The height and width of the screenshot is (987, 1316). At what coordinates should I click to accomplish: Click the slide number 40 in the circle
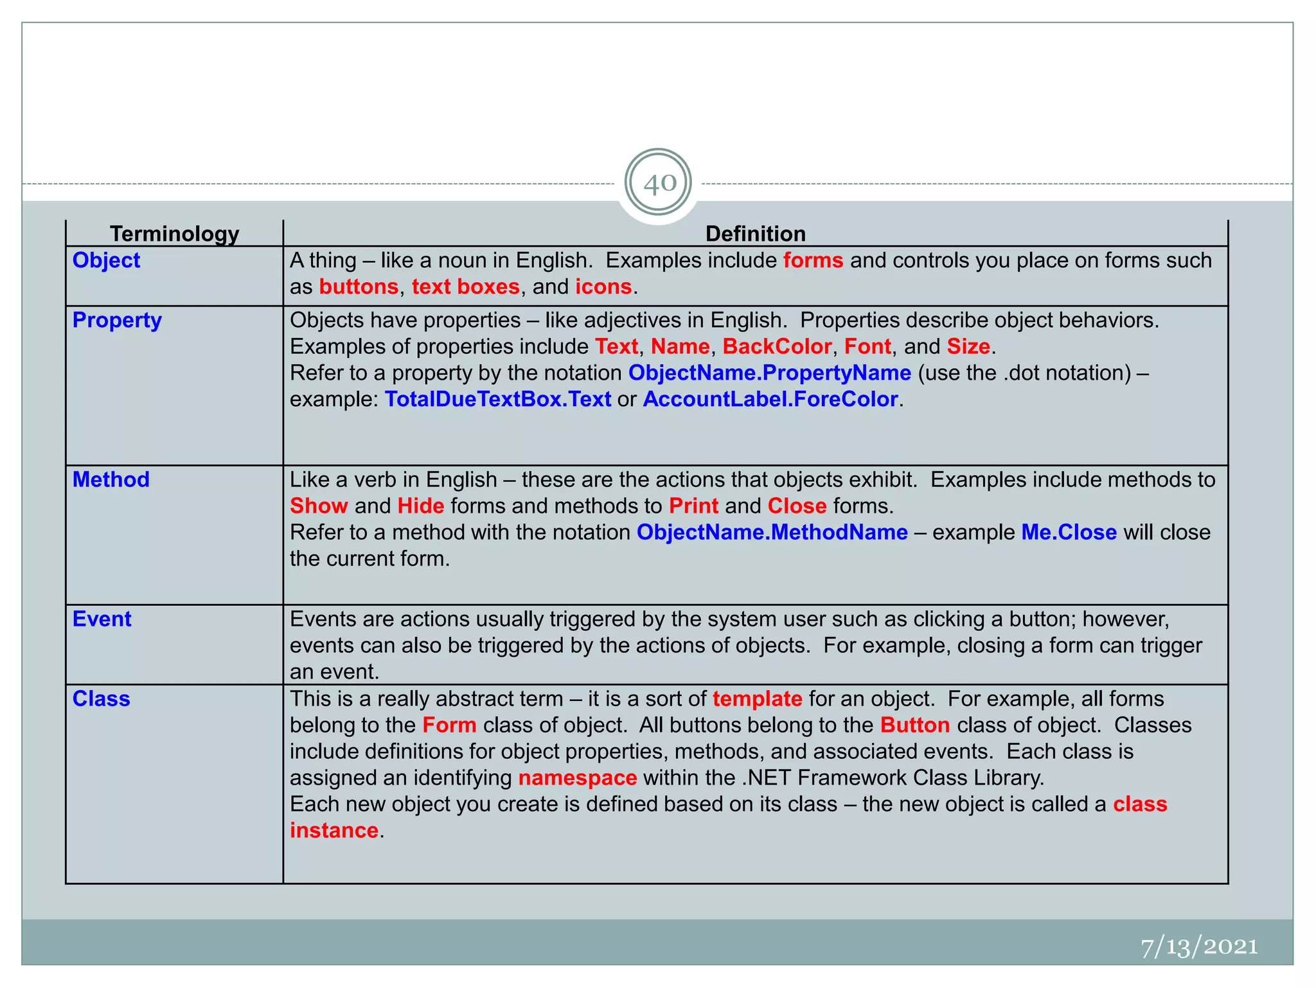(x=659, y=183)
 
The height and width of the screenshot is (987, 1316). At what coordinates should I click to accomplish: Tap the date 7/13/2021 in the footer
(x=1198, y=947)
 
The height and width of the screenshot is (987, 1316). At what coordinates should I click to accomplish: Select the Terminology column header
(x=174, y=233)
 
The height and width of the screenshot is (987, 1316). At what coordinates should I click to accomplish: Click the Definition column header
(x=755, y=233)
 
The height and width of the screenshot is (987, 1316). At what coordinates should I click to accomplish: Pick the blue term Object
(x=106, y=260)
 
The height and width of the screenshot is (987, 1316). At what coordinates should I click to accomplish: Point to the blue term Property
(x=117, y=320)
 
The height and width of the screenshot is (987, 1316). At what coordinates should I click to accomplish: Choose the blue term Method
(x=111, y=479)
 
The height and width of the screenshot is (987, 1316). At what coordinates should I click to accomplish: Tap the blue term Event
(x=102, y=619)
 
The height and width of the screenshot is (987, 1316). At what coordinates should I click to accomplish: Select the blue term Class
(x=101, y=698)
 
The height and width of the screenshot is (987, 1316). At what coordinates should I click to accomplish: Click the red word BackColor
(x=777, y=346)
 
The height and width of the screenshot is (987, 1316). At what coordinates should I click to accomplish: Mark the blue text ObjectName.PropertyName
(x=769, y=373)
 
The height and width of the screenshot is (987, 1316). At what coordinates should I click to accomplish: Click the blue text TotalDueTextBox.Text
(x=498, y=399)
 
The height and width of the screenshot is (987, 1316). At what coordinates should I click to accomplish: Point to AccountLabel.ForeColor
(x=770, y=399)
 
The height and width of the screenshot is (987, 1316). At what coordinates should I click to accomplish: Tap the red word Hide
(x=421, y=506)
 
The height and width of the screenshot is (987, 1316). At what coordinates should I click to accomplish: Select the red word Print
(x=693, y=506)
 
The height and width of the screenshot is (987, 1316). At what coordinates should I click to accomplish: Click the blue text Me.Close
(x=1069, y=532)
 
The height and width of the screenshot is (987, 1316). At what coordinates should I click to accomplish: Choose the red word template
(x=757, y=698)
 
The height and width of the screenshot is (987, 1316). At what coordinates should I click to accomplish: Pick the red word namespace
(x=577, y=778)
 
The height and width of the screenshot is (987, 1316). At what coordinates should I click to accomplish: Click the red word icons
(x=603, y=287)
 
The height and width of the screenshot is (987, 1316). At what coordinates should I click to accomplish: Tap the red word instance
(x=333, y=830)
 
